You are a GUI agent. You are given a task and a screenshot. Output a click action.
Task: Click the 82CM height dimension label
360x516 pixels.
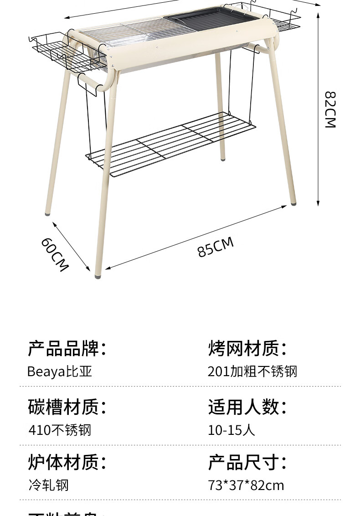coord(330,109)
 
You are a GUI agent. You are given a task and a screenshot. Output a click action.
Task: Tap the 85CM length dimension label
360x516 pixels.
coord(215,247)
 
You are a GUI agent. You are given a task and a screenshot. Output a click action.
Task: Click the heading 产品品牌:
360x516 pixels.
coord(67,348)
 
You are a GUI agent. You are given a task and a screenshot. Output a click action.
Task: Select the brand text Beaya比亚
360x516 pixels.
coord(60,372)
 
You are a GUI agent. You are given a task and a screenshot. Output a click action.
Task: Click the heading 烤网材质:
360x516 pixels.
coord(247,348)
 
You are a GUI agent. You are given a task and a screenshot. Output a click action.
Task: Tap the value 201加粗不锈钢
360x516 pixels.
coord(252,372)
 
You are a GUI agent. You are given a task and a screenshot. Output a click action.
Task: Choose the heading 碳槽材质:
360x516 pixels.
coord(67,407)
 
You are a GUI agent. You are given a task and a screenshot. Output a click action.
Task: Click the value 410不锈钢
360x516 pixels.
coord(60,430)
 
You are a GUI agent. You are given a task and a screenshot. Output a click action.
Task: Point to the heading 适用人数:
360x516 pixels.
coord(247,407)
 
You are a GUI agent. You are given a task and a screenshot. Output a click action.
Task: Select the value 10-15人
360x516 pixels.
coord(231,430)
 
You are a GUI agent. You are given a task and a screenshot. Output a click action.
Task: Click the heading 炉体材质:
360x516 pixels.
coord(67,462)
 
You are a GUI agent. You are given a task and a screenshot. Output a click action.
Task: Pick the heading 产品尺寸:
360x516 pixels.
coord(247,462)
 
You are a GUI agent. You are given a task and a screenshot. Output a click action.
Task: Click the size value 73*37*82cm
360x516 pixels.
coord(246,485)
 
